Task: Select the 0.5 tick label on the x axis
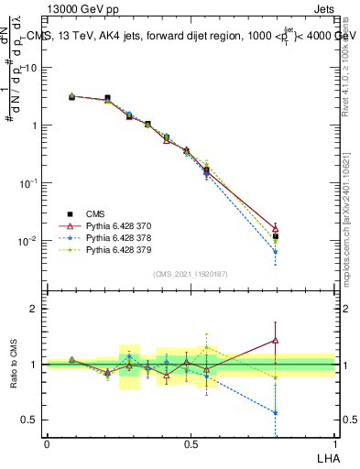191,444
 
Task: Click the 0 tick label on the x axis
48,444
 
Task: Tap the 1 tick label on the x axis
334,444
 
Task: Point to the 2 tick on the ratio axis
34,309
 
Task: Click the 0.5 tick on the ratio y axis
30,420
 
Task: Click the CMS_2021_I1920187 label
191,274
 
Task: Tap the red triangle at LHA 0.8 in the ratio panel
276,341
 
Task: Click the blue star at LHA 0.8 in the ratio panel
276,412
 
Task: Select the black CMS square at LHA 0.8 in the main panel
276,236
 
